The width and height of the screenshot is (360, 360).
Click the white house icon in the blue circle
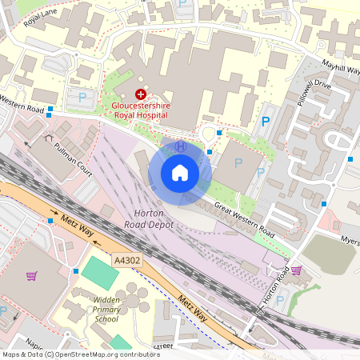(x=180, y=173)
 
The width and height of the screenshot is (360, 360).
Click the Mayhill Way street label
(x=340, y=70)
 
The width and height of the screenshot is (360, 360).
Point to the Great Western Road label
(x=245, y=219)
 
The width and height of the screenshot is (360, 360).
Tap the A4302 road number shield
(x=127, y=261)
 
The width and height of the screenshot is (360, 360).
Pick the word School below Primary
(x=106, y=318)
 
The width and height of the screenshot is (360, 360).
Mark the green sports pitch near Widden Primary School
(x=99, y=273)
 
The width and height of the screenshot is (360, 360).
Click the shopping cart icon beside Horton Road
(x=296, y=270)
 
